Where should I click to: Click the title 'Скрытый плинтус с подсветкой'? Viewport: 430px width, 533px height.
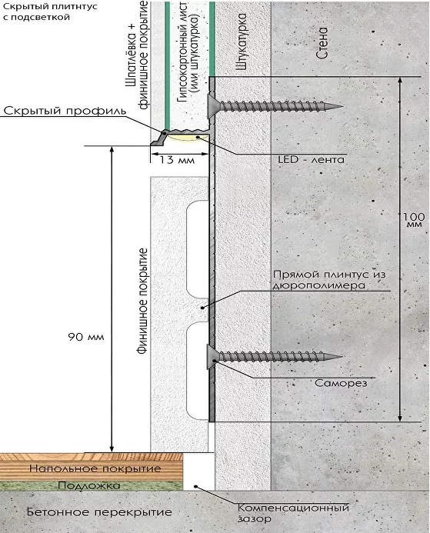(50, 12)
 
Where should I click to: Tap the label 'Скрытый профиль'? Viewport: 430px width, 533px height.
(65, 111)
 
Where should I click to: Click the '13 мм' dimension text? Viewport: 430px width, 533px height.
(177, 160)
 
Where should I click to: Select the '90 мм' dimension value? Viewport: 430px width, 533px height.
(86, 337)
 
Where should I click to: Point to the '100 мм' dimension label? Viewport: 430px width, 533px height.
(414, 220)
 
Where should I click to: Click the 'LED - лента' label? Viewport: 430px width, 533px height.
(311, 159)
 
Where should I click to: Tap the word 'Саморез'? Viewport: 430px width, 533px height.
(341, 383)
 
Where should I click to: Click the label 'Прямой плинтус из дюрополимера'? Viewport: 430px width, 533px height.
(329, 280)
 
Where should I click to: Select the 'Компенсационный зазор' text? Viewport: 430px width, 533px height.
(293, 513)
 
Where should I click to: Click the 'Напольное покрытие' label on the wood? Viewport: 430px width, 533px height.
(95, 468)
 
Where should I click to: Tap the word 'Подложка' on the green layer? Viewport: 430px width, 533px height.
(89, 485)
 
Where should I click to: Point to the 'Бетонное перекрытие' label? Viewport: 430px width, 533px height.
(99, 512)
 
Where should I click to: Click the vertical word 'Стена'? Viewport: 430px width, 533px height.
(322, 43)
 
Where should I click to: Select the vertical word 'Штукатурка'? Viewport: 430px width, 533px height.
(241, 42)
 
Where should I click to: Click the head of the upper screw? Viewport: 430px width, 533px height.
(212, 106)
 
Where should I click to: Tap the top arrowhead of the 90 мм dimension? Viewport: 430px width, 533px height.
(112, 149)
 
